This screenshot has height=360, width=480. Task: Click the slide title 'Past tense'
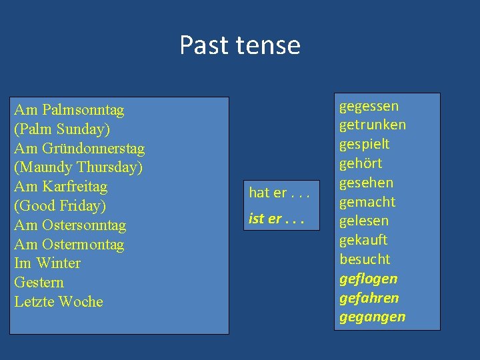(240, 45)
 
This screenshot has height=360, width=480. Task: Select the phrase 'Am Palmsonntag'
(69, 109)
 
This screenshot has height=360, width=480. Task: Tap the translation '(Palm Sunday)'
(62, 129)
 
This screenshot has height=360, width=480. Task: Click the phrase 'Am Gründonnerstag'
(79, 148)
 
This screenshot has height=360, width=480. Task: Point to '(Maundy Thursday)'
(78, 167)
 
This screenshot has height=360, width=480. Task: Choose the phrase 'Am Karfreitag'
(61, 186)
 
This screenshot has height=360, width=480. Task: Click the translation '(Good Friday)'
(60, 205)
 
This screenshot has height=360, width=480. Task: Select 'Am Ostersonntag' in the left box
(70, 225)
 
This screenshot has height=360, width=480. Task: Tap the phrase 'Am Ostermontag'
(69, 244)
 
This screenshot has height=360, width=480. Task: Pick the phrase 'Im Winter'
(47, 263)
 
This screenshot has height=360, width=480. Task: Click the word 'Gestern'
(39, 283)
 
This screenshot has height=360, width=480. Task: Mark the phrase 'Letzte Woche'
(59, 302)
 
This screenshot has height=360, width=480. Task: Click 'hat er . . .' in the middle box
(279, 193)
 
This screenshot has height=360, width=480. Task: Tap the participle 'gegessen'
(369, 106)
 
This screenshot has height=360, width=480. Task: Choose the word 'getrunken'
(373, 125)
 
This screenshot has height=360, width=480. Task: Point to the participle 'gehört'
(361, 163)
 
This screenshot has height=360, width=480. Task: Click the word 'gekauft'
(363, 240)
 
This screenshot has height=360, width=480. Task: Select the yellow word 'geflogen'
(368, 279)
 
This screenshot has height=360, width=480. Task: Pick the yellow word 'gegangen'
(372, 317)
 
